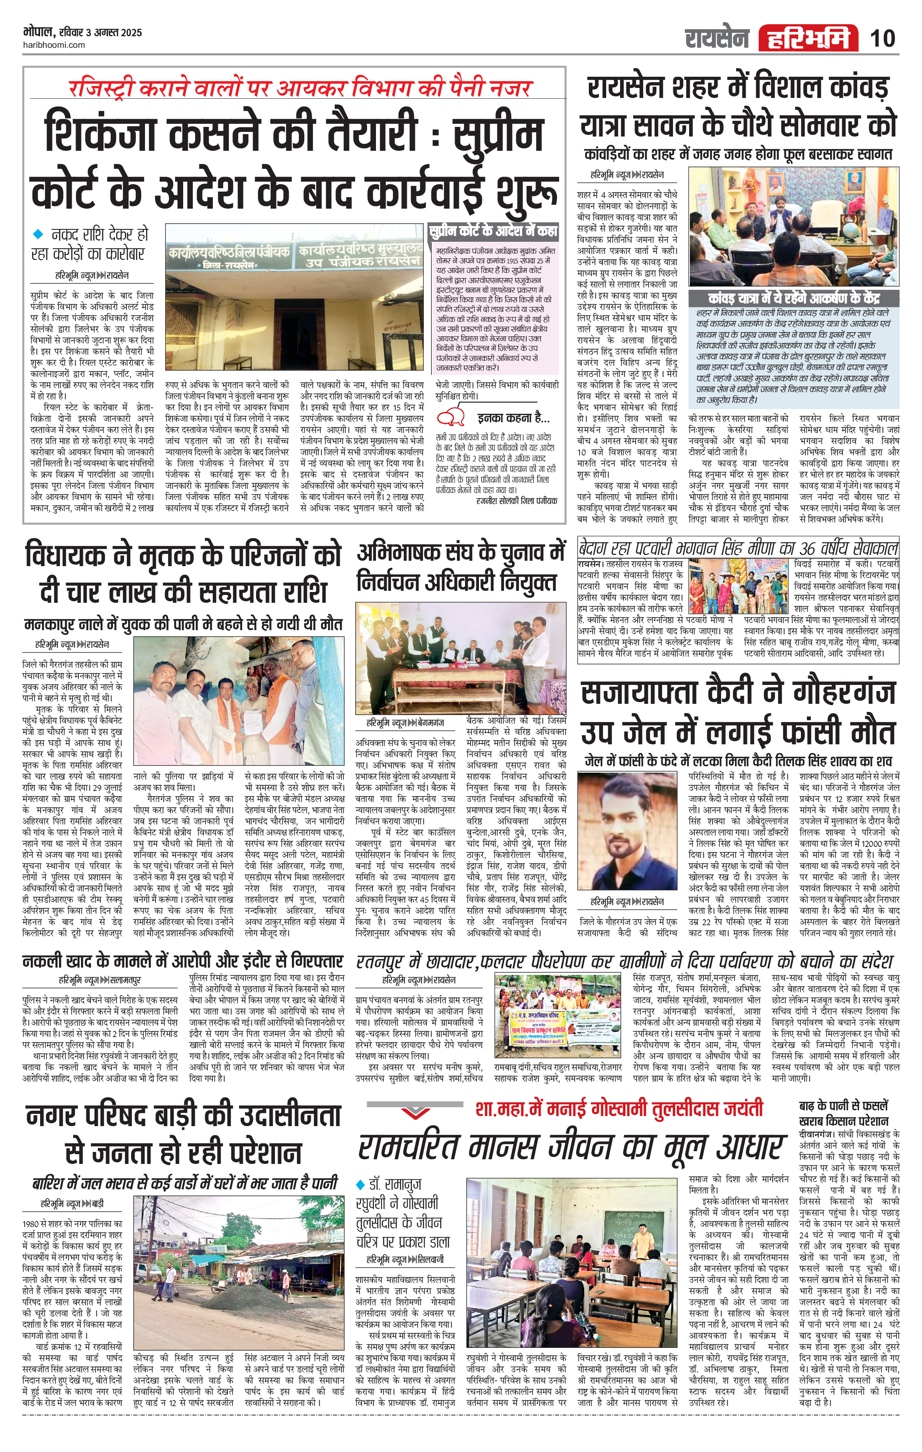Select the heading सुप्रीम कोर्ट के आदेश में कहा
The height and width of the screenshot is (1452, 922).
tap(493, 231)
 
